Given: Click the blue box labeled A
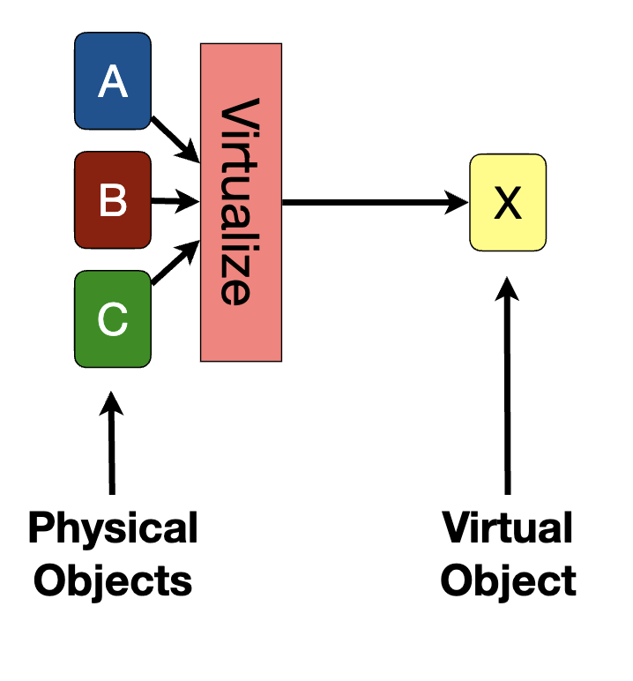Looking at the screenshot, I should pos(113,80).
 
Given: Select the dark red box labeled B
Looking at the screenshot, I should pos(113,200).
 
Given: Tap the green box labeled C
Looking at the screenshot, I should pos(113,319).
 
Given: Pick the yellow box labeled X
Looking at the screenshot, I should pos(508,203).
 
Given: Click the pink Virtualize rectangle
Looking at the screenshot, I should pos(241,202).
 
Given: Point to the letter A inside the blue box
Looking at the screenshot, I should pos(113,82).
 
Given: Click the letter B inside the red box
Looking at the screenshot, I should pos(113,201).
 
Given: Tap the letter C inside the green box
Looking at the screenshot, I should pos(113,320).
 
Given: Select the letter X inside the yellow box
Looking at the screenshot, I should pos(508,204).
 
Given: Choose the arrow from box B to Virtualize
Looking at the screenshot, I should pos(175,202).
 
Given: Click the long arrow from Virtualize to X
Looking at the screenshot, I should pos(370,203).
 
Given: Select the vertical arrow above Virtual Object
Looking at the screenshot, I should pos(508,388).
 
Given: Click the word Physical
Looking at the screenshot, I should pos(113,530).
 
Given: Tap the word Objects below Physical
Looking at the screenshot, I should pos(113,581).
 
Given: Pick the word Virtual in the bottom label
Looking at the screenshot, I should pos(508,530).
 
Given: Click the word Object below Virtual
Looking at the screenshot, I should pos(508,581).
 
